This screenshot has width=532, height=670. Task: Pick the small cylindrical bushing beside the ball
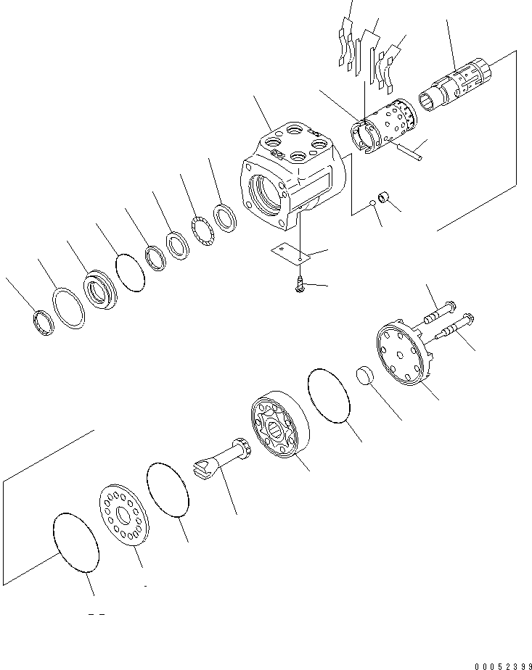387,196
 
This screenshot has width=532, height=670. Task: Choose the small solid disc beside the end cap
364,378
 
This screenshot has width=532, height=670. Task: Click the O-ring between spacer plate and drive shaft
168,492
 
